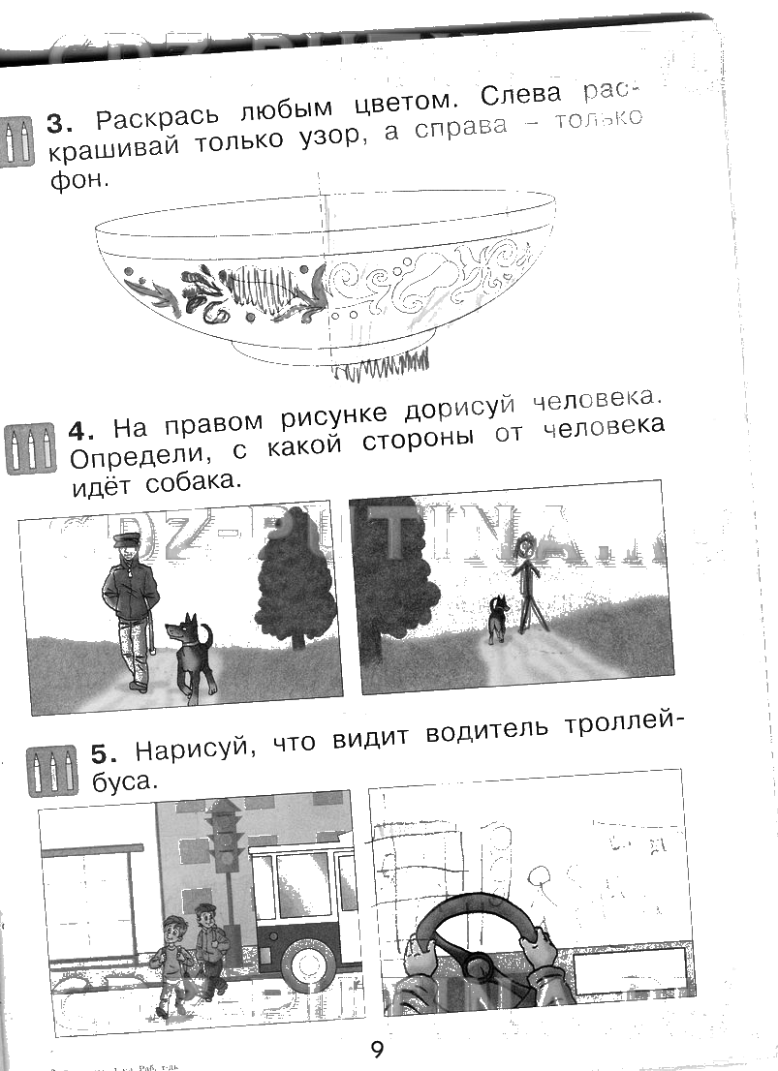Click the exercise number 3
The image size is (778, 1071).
[x=60, y=124]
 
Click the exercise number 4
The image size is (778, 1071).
[x=78, y=429]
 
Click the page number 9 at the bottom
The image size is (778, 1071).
[x=377, y=1049]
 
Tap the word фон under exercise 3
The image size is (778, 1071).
[x=76, y=180]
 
